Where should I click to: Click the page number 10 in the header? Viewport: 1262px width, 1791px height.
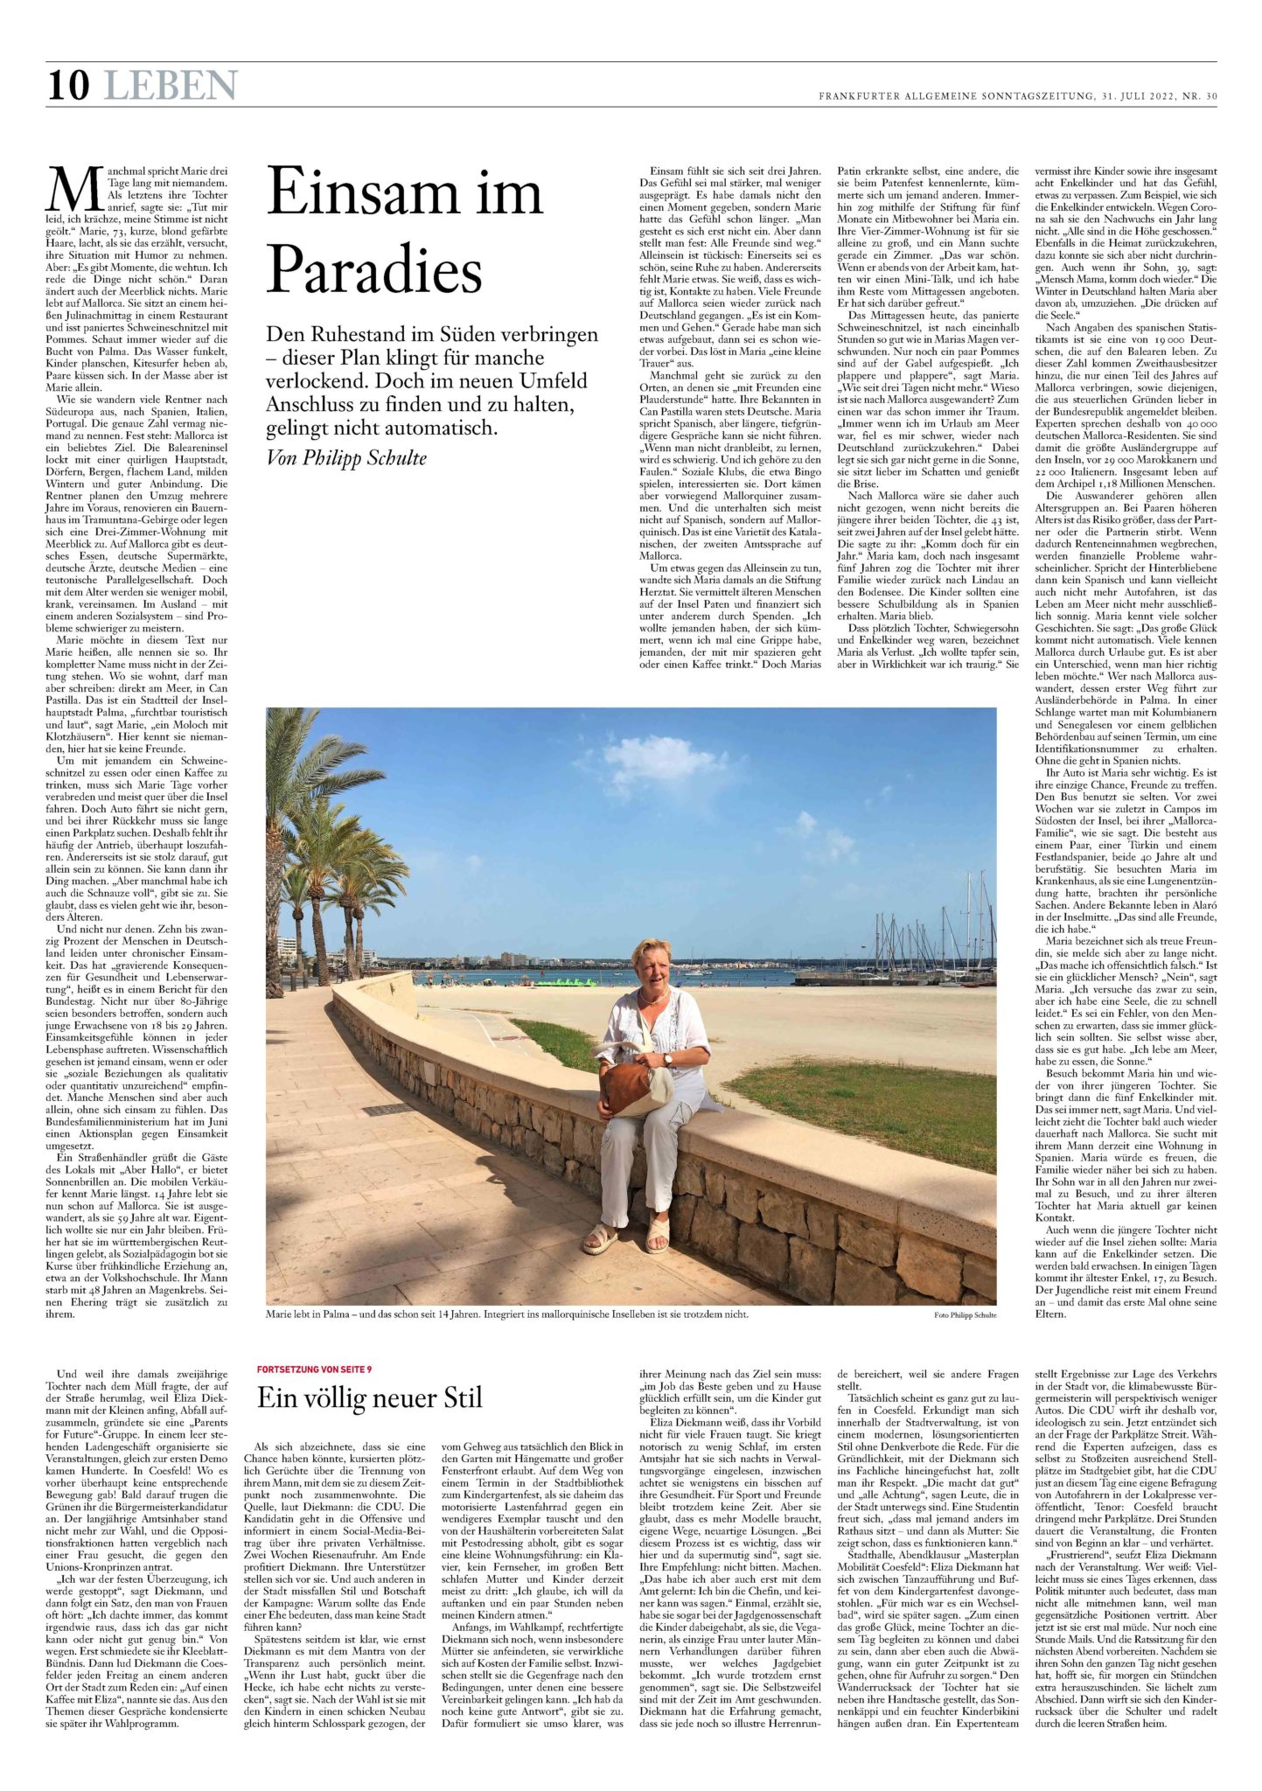[68, 86]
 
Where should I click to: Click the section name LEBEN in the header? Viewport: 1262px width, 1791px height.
[170, 86]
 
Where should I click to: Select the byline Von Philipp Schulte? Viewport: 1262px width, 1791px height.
[346, 457]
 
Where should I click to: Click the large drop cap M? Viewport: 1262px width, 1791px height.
[71, 189]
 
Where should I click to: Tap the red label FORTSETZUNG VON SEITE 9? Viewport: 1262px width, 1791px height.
[320, 1369]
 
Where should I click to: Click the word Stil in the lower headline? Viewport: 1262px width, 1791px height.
[456, 1397]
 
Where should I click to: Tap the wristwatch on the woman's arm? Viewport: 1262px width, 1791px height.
[667, 1059]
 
